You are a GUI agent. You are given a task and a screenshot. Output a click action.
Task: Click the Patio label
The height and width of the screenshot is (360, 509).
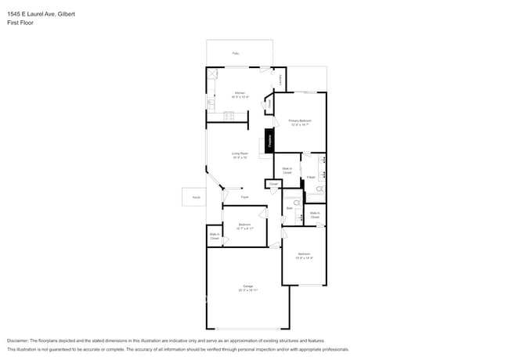pyautogui.click(x=235, y=54)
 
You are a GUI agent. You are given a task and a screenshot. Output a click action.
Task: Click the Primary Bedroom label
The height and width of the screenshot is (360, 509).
pyautogui.click(x=300, y=122)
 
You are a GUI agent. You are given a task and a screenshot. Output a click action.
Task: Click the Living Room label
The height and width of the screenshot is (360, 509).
pyautogui.click(x=240, y=155)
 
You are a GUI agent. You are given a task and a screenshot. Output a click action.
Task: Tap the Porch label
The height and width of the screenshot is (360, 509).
pyautogui.click(x=196, y=197)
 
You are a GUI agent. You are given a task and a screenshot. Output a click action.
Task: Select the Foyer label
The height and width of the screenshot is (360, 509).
pyautogui.click(x=244, y=197)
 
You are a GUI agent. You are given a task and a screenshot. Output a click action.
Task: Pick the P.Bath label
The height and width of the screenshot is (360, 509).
pyautogui.click(x=311, y=178)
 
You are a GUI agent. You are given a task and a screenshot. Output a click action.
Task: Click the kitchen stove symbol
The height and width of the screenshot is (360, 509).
pyautogui.click(x=229, y=117)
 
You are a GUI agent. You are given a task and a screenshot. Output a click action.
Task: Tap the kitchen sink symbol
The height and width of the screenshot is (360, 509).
pyautogui.click(x=211, y=103)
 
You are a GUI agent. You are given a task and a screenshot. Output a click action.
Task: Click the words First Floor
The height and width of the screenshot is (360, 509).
pyautogui.click(x=20, y=23)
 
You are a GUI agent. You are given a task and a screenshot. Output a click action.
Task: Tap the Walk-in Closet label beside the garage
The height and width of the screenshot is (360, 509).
pyautogui.click(x=215, y=236)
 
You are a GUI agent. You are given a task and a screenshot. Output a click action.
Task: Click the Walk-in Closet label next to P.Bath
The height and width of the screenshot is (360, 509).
pyautogui.click(x=287, y=170)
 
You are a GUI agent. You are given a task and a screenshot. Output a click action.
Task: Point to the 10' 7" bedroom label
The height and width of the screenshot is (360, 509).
pyautogui.click(x=244, y=226)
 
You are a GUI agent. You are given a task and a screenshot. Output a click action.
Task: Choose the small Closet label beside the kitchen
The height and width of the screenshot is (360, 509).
pyautogui.click(x=269, y=103)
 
